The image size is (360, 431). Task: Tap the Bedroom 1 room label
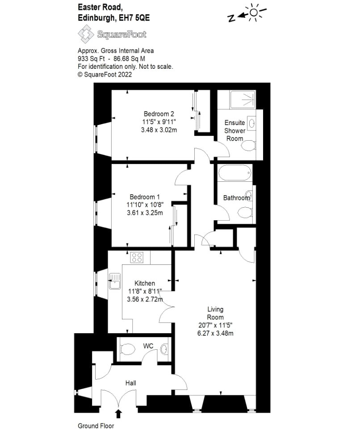tap(144, 197)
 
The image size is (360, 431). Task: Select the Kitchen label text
tap(145, 283)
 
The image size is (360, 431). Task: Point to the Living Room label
tap(215, 313)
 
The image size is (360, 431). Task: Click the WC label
tap(148, 346)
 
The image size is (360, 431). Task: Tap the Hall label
tap(130, 383)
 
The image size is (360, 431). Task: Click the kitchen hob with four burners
tap(137, 257)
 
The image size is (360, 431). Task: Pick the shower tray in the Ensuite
tap(242, 100)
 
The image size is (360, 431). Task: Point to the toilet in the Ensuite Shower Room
tap(250, 145)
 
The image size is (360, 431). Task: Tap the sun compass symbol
tap(254, 13)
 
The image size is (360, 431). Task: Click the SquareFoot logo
tap(112, 34)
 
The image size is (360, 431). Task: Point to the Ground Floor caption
tap(96, 426)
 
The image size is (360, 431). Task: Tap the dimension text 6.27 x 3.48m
tap(215, 333)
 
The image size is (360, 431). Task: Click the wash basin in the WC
tap(164, 349)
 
